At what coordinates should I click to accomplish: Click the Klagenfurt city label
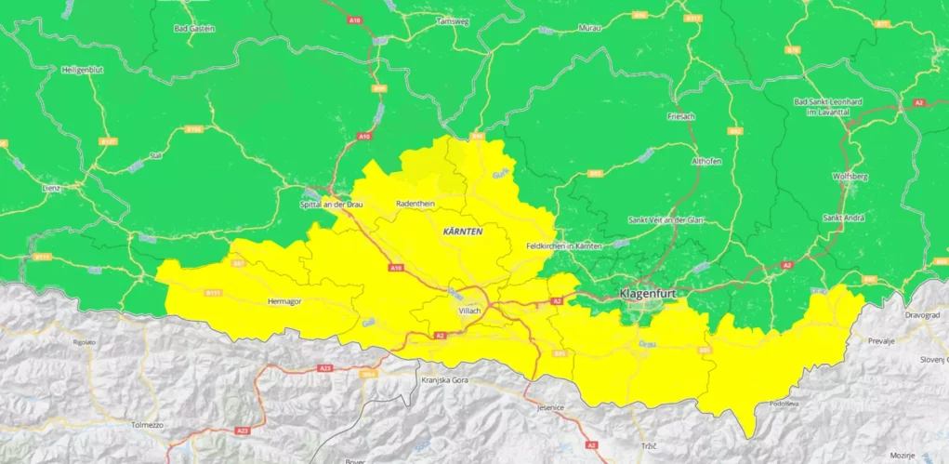(x=648, y=294)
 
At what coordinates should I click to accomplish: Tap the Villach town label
(x=469, y=311)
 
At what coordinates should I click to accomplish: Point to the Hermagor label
(x=284, y=301)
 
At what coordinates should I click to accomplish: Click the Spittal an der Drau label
(x=330, y=203)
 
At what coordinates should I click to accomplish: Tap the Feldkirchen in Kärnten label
(x=564, y=245)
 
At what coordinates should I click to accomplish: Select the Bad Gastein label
(x=194, y=28)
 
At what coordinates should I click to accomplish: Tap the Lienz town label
(x=50, y=188)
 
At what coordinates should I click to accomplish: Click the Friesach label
(x=681, y=116)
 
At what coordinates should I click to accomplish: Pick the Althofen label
(x=706, y=161)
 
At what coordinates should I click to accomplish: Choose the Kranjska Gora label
(x=442, y=381)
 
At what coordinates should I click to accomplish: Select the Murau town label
(x=589, y=28)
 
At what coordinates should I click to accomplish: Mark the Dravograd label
(x=922, y=314)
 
